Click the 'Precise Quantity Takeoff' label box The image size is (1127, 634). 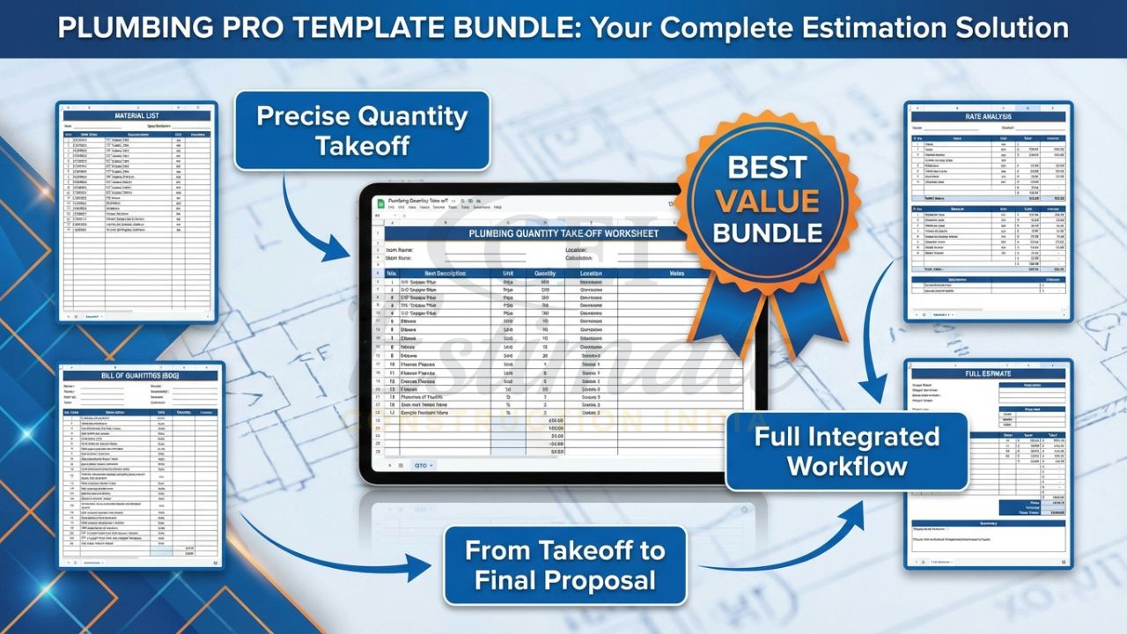362,130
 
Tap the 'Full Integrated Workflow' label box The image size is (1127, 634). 846,451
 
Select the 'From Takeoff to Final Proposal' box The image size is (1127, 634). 564,564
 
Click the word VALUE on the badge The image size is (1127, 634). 767,200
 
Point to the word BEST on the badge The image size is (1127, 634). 767,167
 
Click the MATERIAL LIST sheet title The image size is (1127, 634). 137,115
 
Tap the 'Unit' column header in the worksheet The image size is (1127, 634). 508,273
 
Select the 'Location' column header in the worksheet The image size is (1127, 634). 591,273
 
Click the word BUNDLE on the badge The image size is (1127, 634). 767,232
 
